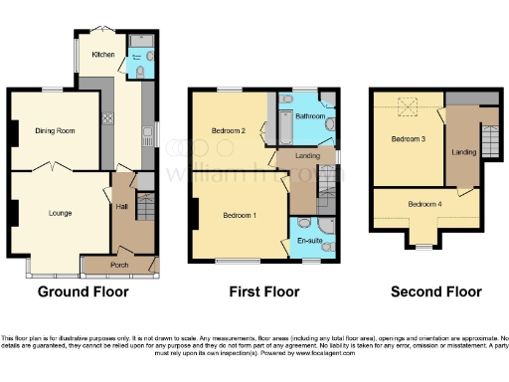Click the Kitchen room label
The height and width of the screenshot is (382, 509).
(103, 54)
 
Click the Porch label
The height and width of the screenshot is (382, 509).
(119, 265)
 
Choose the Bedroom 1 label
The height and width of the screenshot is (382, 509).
(241, 216)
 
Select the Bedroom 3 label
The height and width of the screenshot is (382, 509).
(409, 138)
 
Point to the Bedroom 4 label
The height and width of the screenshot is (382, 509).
(425, 206)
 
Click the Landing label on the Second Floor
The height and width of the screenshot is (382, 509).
(464, 151)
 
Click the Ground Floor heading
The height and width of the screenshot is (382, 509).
(81, 292)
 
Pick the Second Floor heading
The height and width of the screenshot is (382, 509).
(435, 292)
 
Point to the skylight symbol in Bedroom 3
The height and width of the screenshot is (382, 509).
(405, 103)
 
